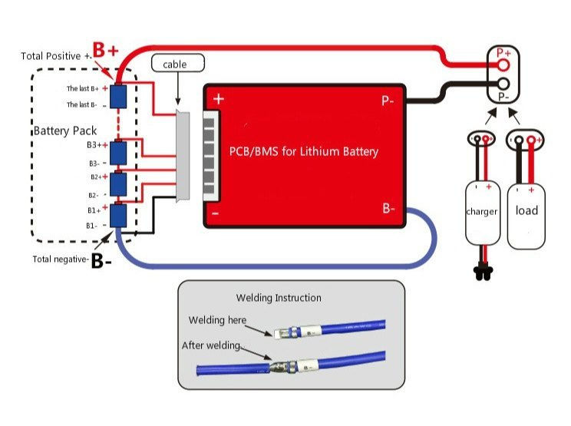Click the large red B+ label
coord(106,51)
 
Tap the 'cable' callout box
coord(174,64)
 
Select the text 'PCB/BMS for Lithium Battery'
coord(305,151)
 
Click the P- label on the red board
coord(388,100)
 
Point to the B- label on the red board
coord(388,208)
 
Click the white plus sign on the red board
coord(219,99)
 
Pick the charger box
coord(482,211)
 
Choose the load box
coord(526,211)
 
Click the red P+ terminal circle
coord(503,65)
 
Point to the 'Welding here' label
coord(217,320)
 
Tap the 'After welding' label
coord(211,345)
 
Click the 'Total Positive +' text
coord(56,56)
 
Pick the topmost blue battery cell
coord(118,96)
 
